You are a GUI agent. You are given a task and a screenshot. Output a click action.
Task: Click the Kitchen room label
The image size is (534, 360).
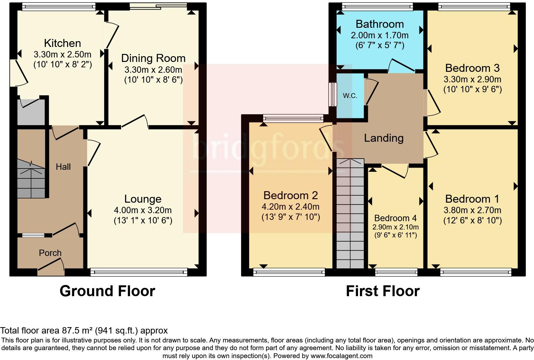pyautogui.click(x=62, y=43)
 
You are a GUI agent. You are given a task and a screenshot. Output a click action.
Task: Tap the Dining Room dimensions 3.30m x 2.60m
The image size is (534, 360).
pyautogui.click(x=153, y=70)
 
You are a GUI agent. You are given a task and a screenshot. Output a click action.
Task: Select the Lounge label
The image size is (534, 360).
pyautogui.click(x=143, y=199)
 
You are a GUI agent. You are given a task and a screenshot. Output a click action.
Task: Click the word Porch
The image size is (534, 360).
pyautogui.click(x=50, y=253)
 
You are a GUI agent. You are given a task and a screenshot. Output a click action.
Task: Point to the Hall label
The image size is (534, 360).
pyautogui.click(x=63, y=167)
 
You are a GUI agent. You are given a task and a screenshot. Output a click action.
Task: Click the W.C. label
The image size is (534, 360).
pyautogui.click(x=350, y=96)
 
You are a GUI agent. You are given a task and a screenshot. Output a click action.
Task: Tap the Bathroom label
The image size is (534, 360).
pyautogui.click(x=380, y=24)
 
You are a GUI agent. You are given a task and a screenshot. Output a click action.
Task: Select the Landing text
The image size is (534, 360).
pyautogui.click(x=384, y=138)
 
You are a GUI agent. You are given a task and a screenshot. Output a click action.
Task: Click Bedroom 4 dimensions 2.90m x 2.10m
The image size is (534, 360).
pyautogui.click(x=395, y=227)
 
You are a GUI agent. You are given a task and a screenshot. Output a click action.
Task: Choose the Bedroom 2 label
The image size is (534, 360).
pyautogui.click(x=291, y=195)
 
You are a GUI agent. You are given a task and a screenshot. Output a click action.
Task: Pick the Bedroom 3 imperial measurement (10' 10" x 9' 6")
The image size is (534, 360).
pyautogui.click(x=472, y=89)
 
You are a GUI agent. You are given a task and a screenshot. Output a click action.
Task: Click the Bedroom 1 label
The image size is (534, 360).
pyautogui.click(x=472, y=199)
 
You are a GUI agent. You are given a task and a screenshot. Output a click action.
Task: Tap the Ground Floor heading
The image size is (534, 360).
pyautogui.click(x=107, y=291)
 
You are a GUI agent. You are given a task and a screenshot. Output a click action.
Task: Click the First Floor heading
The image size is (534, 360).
pyautogui.click(x=383, y=291)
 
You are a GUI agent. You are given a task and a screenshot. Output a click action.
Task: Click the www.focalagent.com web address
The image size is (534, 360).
pyautogui.click(x=341, y=356)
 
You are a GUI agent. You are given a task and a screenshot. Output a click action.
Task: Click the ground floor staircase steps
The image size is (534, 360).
pyautogui.click(x=31, y=182)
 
